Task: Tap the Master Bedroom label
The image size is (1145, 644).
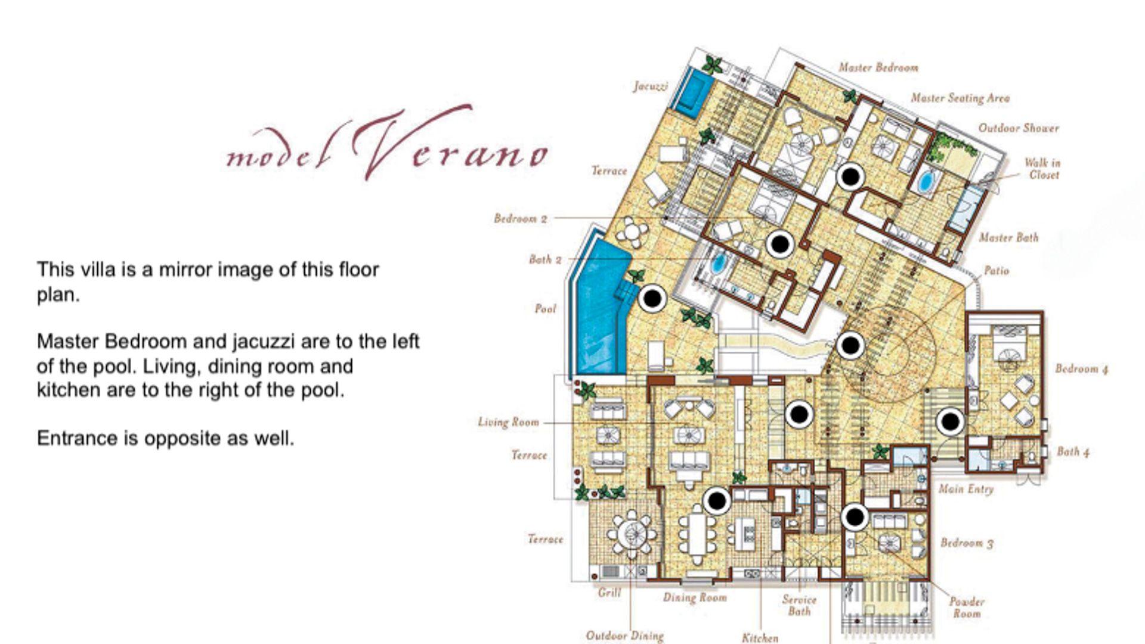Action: [x=878, y=68]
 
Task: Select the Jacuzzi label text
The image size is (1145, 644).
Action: [x=651, y=86]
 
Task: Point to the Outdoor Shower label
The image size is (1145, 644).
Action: [x=1019, y=128]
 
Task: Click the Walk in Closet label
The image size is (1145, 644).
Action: [x=1042, y=169]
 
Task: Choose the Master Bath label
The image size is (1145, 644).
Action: [x=1009, y=237]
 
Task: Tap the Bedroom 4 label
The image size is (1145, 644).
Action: [x=1082, y=369]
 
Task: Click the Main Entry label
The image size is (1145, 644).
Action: [x=966, y=490]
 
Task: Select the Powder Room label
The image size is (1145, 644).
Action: [x=967, y=608]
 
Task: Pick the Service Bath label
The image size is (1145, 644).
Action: [x=799, y=605]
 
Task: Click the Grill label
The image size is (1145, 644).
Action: [x=609, y=593]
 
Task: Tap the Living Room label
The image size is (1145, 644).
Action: [x=508, y=422]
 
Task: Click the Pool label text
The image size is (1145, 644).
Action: [x=545, y=309]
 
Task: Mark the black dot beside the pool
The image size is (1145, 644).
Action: [x=653, y=298]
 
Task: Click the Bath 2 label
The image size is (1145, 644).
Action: [x=545, y=259]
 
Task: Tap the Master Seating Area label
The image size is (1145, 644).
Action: [x=960, y=98]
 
